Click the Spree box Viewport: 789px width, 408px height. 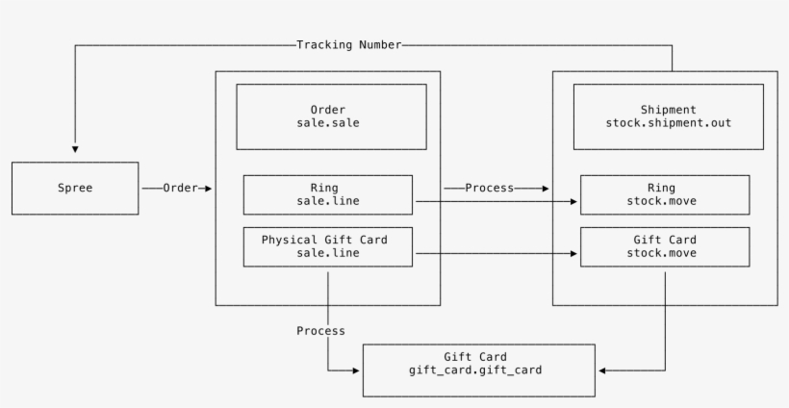point(74,189)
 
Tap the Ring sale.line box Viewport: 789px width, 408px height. point(327,194)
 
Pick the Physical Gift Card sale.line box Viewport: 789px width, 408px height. point(327,246)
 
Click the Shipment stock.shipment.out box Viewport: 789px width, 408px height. point(661,116)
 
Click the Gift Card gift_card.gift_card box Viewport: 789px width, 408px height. point(478,370)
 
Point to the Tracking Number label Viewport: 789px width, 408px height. point(348,44)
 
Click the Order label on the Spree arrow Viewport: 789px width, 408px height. point(180,189)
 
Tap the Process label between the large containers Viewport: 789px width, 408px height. point(489,189)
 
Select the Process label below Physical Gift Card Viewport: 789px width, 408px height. point(320,330)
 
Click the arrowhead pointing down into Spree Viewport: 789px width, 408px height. point(75,150)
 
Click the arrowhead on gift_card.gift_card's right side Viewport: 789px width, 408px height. point(601,370)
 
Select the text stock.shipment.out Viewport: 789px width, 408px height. point(661,124)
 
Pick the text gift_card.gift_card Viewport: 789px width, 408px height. point(478,370)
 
